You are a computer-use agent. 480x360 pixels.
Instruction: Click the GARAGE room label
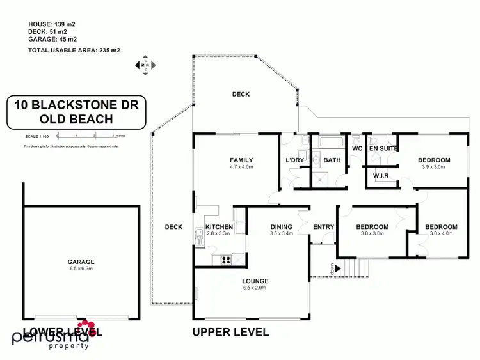[x=81, y=262]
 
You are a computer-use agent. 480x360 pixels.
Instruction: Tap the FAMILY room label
[x=241, y=160]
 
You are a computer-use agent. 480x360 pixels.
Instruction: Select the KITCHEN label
[x=218, y=227]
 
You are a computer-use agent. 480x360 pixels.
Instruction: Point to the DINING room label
[x=281, y=226]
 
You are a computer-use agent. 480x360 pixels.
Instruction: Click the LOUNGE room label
[x=255, y=281]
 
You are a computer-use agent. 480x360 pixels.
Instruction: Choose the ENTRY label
[x=323, y=227]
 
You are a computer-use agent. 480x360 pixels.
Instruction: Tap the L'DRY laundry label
[x=294, y=160]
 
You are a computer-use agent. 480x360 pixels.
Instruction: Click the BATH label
[x=332, y=160]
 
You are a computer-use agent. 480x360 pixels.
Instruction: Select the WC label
[x=357, y=148]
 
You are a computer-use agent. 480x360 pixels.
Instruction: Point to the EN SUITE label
[x=383, y=148]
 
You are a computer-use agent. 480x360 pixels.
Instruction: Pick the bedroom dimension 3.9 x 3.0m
[x=434, y=168]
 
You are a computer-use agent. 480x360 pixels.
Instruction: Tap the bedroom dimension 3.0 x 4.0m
[x=442, y=234]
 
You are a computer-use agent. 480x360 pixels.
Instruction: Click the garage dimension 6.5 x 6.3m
[x=81, y=269]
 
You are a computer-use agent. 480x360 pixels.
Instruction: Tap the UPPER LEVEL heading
[x=230, y=332]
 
